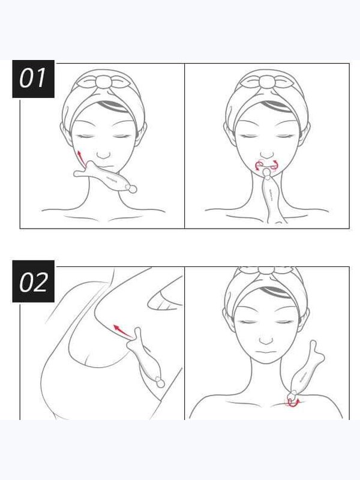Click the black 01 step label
(33, 79)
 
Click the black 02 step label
(33, 281)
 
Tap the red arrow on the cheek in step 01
(81, 158)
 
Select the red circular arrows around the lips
(266, 164)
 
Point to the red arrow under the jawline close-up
(122, 332)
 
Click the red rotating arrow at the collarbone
(293, 403)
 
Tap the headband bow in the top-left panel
(103, 81)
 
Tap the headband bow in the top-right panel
(267, 81)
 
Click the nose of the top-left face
(104, 154)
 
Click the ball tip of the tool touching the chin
(267, 173)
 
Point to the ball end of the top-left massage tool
(132, 189)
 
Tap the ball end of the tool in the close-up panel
(160, 382)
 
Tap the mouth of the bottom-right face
(266, 352)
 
